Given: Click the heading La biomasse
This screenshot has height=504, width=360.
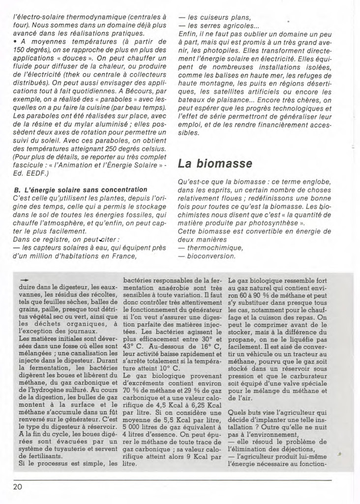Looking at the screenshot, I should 215,163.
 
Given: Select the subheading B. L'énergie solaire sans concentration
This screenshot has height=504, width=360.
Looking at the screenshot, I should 81,189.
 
